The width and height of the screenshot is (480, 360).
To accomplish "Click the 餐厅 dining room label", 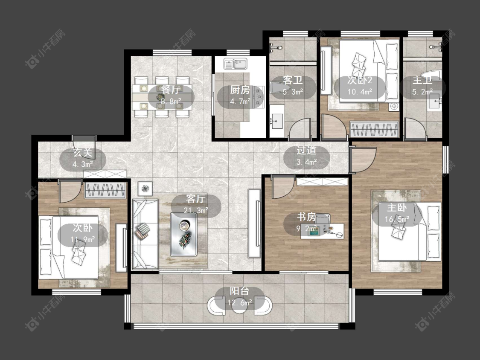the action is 171,90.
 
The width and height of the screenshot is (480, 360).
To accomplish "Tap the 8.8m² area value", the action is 171,102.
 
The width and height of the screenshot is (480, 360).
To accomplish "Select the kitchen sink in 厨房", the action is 235,64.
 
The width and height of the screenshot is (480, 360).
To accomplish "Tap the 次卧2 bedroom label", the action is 360,80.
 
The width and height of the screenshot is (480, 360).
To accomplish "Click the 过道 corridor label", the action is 306,150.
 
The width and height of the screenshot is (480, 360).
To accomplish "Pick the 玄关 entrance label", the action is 83,152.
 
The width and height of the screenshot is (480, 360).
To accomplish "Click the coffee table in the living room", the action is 183,235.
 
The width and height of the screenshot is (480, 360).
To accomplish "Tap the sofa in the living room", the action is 145,235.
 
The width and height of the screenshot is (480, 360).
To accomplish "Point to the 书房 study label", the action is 306,217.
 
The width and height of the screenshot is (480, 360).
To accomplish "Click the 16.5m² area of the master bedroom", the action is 397,219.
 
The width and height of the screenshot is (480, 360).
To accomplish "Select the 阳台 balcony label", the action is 239,291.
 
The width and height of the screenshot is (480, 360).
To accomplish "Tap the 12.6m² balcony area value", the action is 239,303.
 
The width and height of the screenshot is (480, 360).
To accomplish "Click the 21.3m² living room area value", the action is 196,210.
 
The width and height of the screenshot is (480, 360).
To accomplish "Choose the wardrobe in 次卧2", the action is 374,129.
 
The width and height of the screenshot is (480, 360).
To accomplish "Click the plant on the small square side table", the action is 145,189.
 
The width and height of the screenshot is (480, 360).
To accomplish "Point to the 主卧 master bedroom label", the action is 397,208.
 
